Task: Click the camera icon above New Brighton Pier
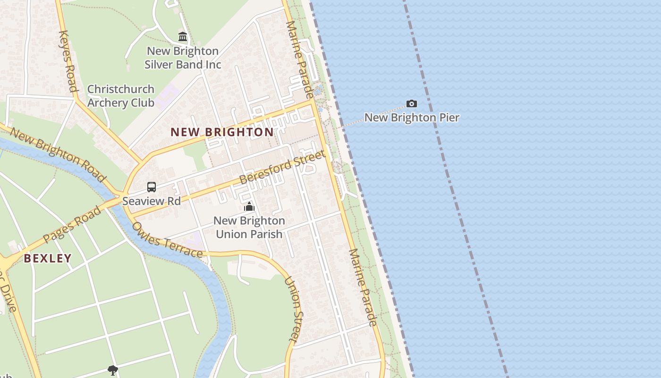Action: (411, 103)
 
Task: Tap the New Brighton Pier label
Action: (412, 118)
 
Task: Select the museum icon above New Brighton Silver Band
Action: (183, 36)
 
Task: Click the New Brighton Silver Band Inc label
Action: (183, 58)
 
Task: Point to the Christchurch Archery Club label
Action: (121, 96)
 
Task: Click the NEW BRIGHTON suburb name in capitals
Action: (222, 132)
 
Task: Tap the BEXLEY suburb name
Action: (48, 258)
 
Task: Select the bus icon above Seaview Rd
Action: (152, 187)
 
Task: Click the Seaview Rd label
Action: (152, 201)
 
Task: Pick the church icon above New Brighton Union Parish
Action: (249, 206)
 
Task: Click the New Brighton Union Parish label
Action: (249, 227)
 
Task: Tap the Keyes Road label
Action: (68, 61)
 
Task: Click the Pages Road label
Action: (72, 225)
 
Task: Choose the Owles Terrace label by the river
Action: (167, 240)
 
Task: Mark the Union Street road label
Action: (293, 309)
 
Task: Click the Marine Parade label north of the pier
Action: (299, 59)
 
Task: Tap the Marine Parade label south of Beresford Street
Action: (363, 287)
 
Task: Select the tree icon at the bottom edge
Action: (112, 370)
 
